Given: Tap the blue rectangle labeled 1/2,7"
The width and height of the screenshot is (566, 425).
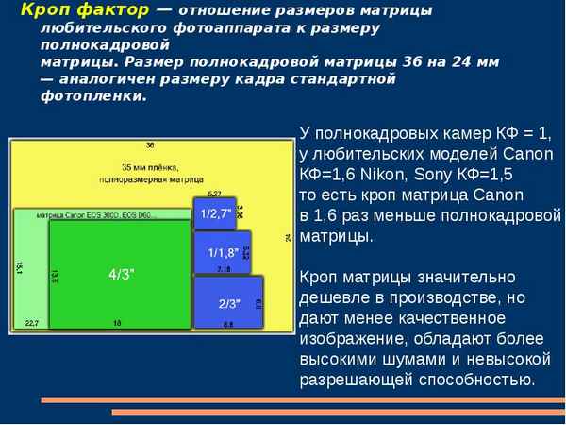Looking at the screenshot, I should click(213, 213).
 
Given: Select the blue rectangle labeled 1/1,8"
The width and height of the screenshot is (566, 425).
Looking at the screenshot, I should click(222, 252).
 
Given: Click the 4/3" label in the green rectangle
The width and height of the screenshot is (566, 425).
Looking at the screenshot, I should click(121, 274).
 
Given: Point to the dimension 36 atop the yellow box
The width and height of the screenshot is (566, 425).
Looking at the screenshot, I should click(150, 145).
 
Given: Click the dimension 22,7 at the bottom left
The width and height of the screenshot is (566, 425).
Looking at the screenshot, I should click(31, 323).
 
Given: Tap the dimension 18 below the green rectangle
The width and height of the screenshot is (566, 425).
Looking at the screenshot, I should click(117, 323).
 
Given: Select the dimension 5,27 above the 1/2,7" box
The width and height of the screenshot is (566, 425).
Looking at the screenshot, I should click(214, 194).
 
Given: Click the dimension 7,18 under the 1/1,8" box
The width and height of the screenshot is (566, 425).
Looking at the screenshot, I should click(224, 270).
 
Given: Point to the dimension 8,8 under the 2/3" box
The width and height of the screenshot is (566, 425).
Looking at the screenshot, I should click(227, 324).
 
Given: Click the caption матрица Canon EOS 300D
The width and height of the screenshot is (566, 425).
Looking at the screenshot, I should click(85, 215).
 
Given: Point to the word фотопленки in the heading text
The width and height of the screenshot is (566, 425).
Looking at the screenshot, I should click(80, 95).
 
